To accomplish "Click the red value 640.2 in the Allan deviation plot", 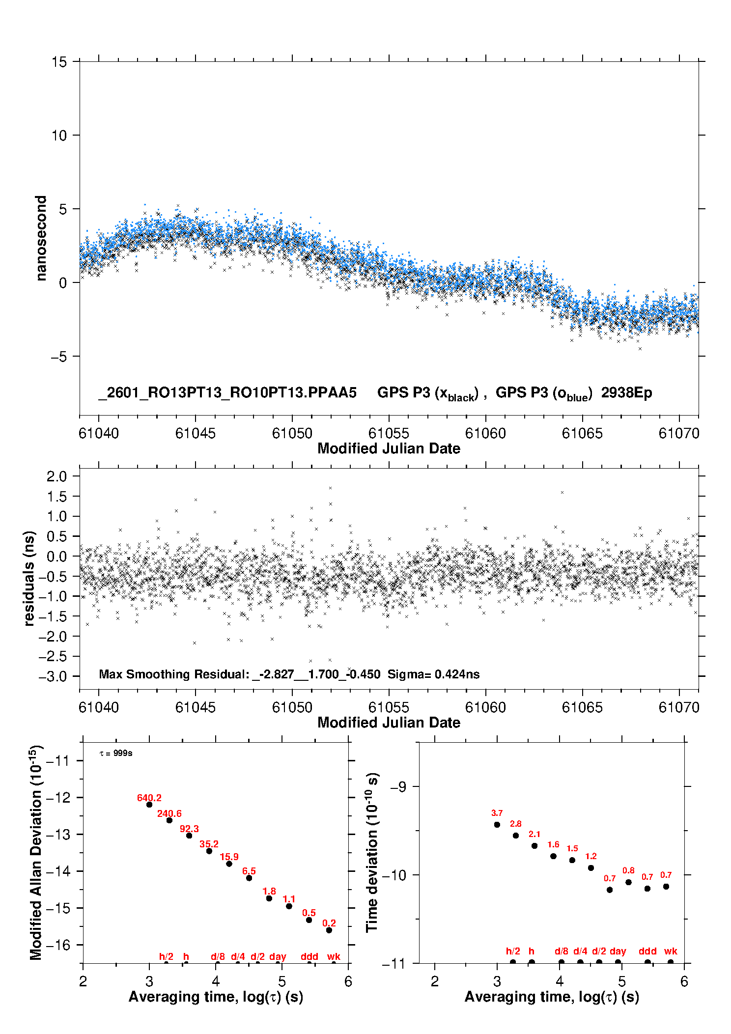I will click(x=149, y=798).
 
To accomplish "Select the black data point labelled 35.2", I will click(x=209, y=851).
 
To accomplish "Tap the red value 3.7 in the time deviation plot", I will click(x=497, y=813).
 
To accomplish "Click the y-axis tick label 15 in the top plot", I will click(x=59, y=62).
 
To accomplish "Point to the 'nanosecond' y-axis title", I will click(x=41, y=238).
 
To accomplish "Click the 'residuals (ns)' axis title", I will click(x=29, y=578).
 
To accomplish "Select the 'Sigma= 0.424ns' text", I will click(x=433, y=674).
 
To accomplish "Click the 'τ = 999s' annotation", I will click(x=116, y=753).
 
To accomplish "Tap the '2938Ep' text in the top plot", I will click(x=626, y=393).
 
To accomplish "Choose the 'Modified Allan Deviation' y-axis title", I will click(x=36, y=852).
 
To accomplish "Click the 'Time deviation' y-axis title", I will click(x=372, y=852).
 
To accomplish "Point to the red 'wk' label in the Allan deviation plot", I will click(x=334, y=956).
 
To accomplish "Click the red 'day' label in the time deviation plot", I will click(x=618, y=951).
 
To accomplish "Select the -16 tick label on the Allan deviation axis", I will click(x=58, y=945).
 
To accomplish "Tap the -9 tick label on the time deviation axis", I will click(x=398, y=787).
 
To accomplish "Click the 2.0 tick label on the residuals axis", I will click(x=56, y=476).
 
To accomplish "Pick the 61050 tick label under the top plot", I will click(x=292, y=433).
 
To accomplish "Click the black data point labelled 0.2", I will click(x=329, y=930).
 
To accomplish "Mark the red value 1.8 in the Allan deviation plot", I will click(x=269, y=891).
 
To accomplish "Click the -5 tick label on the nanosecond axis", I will click(x=58, y=356).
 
